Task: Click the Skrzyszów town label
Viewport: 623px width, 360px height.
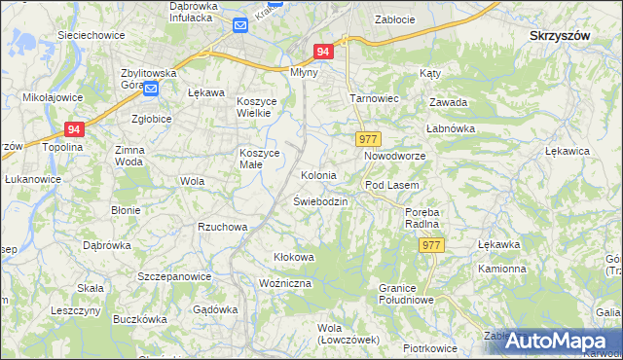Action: [x=560, y=34]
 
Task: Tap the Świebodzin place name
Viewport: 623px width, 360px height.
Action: [x=320, y=200]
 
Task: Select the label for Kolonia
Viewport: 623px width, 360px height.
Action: [x=318, y=175]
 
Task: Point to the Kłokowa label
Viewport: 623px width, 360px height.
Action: [x=293, y=257]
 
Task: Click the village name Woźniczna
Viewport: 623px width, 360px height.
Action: [x=284, y=282]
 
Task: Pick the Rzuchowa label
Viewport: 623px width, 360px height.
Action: [x=223, y=227]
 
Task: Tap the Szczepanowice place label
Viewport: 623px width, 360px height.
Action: [x=174, y=276]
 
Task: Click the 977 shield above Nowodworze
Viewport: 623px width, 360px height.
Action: [x=368, y=139]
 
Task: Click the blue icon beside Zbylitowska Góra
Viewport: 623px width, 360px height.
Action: [x=151, y=90]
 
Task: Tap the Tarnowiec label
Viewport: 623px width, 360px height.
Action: [x=370, y=98]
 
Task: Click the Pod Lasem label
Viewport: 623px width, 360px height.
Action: [x=391, y=185]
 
